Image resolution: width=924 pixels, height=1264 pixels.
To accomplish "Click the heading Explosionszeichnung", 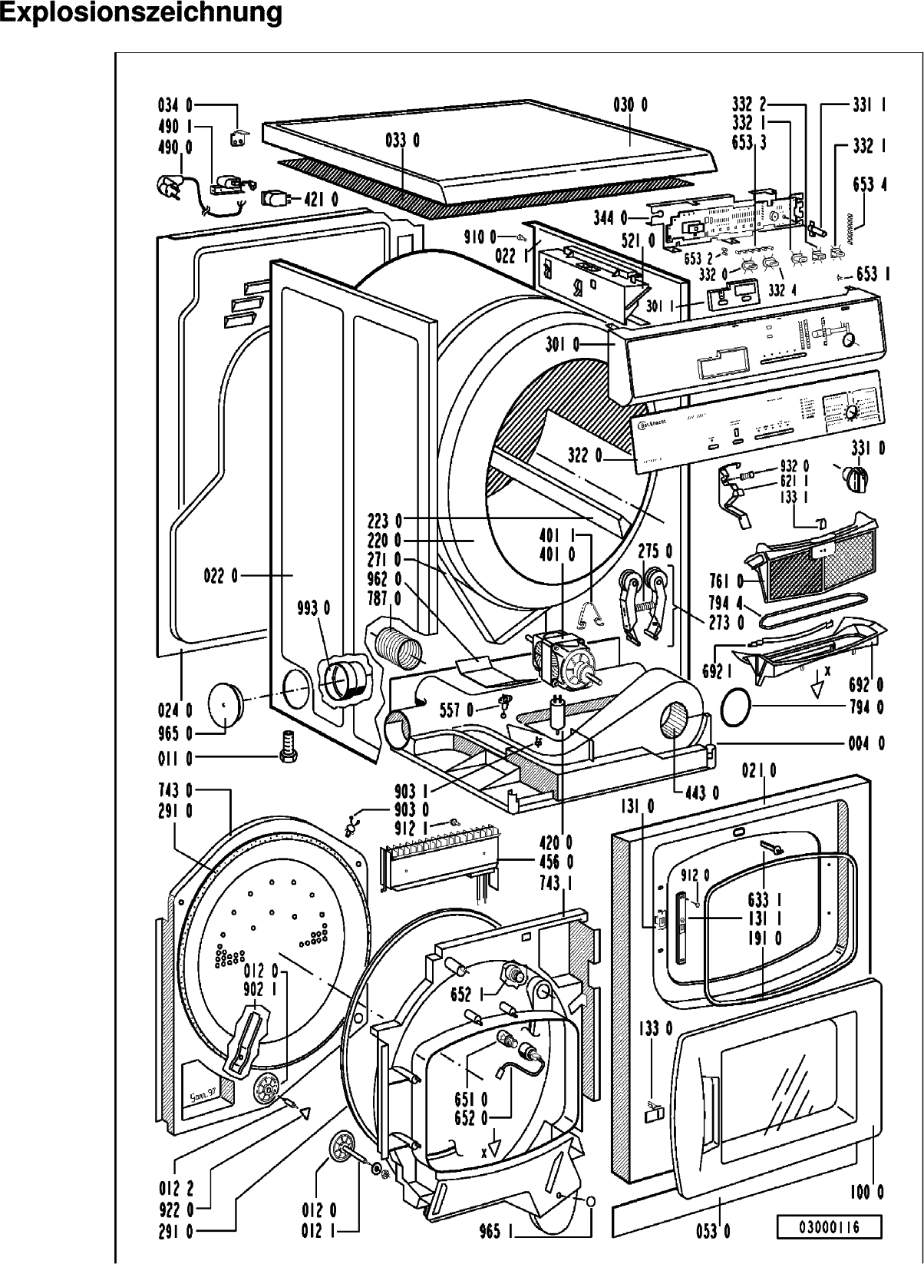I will click(x=141, y=14).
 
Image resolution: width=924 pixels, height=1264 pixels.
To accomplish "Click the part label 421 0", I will click(x=323, y=200).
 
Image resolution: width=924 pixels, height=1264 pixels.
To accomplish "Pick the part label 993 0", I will click(x=315, y=609).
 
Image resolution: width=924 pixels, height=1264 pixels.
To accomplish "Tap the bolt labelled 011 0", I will click(x=288, y=745).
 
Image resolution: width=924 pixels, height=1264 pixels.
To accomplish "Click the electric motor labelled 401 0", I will click(x=564, y=658).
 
